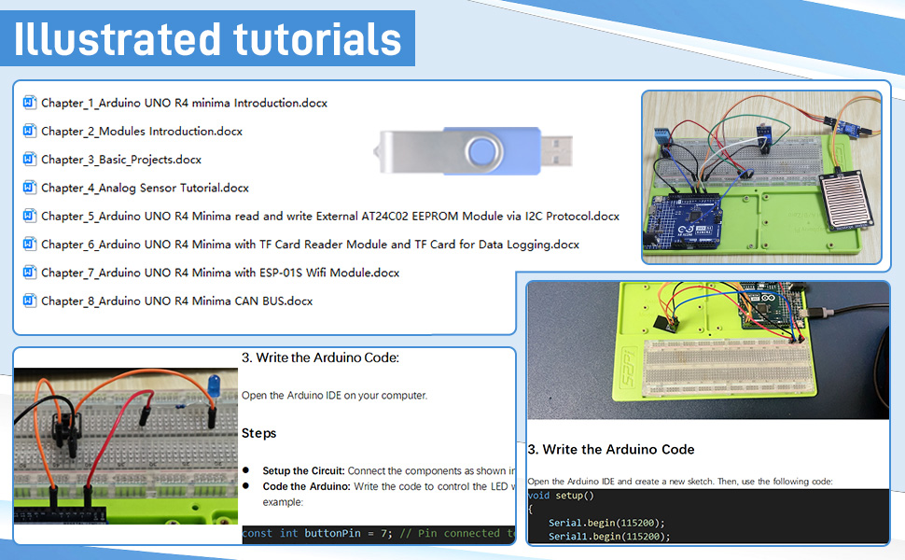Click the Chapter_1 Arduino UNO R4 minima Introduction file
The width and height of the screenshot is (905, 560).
pos(184,103)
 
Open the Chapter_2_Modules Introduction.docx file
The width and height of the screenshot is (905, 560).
pos(142,132)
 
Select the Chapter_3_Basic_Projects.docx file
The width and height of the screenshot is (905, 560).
pos(121,160)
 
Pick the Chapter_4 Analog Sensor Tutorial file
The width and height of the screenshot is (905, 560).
pos(145,188)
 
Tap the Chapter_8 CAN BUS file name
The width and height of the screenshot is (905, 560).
pos(177,301)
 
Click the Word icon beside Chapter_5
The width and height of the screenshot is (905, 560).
pos(29,216)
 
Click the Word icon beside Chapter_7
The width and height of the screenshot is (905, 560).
pos(29,273)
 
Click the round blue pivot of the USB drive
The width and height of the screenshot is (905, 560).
pos(483,151)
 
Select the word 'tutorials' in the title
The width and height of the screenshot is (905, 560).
pos(313,39)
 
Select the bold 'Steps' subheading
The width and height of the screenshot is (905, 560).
pos(259,433)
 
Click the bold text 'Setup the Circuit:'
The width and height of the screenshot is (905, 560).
pos(304,470)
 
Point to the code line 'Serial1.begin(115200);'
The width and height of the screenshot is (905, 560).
pos(609,537)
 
